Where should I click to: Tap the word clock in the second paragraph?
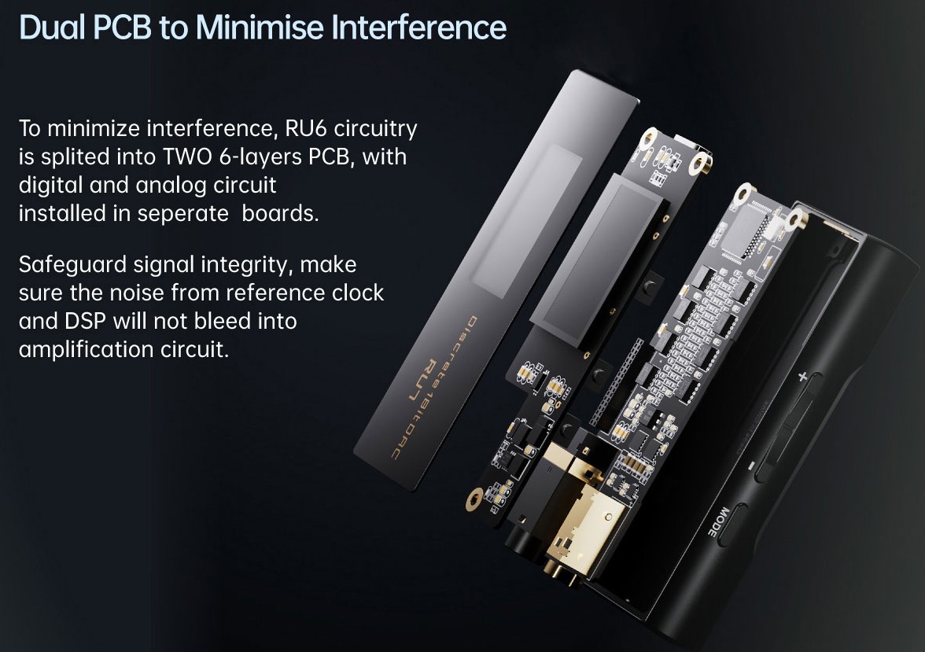(x=357, y=293)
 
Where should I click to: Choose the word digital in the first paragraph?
(x=51, y=186)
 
